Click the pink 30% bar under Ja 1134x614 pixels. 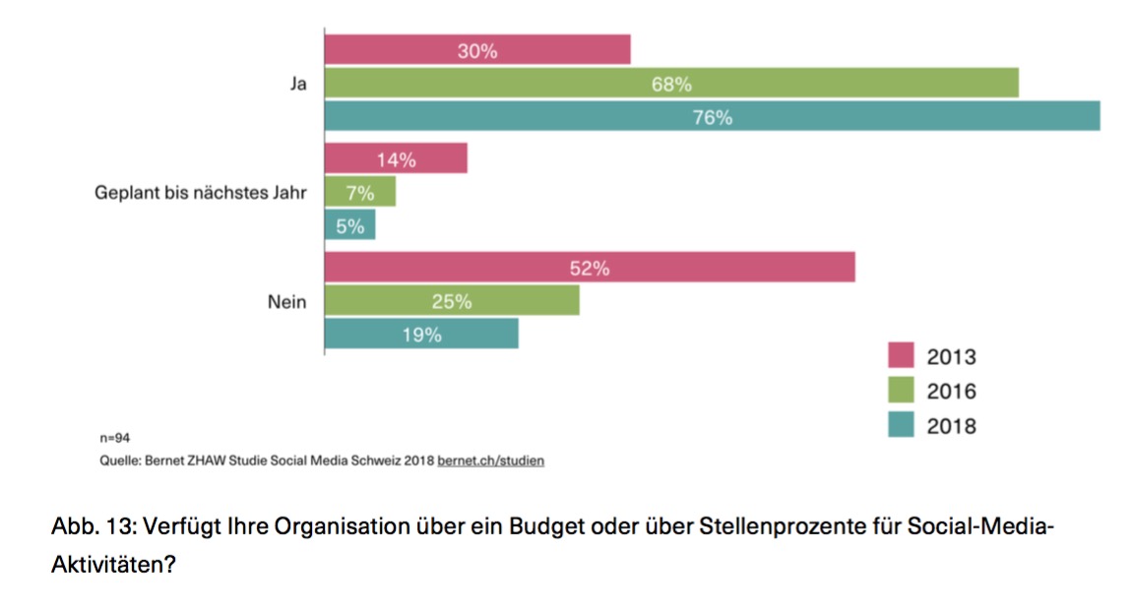coord(477,49)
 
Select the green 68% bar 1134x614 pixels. coord(671,84)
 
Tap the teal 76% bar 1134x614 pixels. coord(713,116)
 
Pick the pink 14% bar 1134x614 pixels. coord(396,158)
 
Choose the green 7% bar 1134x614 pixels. coord(360,192)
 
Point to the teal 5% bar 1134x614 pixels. coord(350,224)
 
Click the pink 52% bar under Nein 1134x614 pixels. coord(590,267)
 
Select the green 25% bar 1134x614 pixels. coord(452,300)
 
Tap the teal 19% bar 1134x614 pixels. coord(421,334)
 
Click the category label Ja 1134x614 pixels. coord(298,84)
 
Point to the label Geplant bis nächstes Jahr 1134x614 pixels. coord(201,193)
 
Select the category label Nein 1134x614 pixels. coord(287,301)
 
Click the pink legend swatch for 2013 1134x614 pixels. coord(901,355)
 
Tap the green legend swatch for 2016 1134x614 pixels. coord(901,390)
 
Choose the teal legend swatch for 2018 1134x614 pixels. coord(901,424)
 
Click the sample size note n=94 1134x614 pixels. coord(115,438)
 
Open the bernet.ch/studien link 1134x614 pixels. coord(490,460)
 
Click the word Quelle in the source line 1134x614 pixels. coord(120,460)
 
